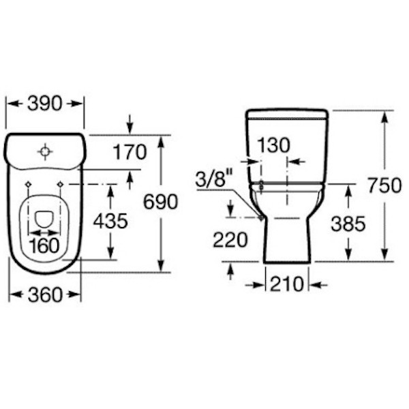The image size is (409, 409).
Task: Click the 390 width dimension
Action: pos(45,103)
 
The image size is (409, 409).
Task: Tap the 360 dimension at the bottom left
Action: pos(45,294)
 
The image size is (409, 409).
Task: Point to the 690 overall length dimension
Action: pos(160,202)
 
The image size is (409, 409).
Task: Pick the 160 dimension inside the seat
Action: pos(44,245)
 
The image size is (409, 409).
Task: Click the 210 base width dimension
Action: pos(286,284)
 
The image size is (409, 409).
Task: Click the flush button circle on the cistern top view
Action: pos(45,151)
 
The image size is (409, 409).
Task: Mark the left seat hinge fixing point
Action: pos(28,184)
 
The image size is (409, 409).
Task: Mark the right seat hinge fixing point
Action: pos(61,184)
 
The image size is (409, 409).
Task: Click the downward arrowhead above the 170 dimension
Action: pos(130,129)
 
